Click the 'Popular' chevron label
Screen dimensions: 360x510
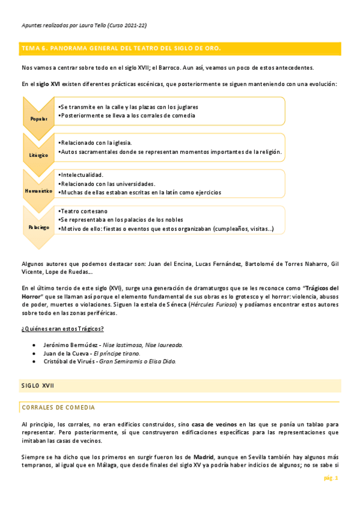tap(38, 118)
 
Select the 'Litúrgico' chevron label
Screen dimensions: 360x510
tap(38, 155)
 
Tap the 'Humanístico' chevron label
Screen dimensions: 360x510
tap(39, 191)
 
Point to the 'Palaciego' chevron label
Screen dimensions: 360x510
tap(38, 227)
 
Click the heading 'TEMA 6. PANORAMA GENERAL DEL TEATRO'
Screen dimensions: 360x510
tap(121, 48)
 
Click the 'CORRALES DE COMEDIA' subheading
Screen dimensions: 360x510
tap(58, 407)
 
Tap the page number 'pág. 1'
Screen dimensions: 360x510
tap(331, 478)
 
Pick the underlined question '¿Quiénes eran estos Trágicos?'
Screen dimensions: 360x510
tap(63, 328)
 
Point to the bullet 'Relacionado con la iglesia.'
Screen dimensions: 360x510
tap(95, 143)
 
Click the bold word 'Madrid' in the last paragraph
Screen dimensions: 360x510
tap(204, 456)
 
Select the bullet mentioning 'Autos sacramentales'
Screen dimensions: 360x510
tap(170, 152)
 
